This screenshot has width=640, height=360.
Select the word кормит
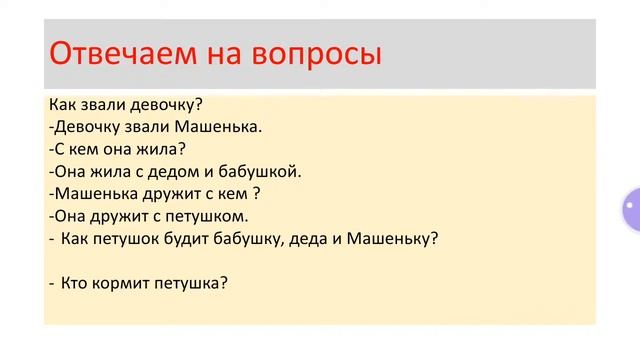(123, 283)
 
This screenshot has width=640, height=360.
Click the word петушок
(131, 238)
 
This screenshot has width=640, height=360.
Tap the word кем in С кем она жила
(87, 149)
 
